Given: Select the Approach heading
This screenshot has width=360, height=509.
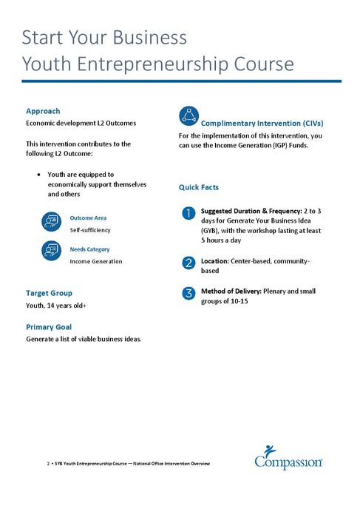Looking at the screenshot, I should (x=43, y=111).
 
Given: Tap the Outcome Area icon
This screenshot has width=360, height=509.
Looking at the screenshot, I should (x=51, y=221).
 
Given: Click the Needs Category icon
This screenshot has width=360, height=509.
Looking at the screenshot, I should (x=51, y=252).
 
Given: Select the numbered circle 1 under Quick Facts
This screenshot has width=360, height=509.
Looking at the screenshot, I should (x=189, y=214).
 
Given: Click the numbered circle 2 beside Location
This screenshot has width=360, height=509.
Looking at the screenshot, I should (x=189, y=263).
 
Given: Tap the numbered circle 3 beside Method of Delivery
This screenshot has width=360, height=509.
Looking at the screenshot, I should (x=189, y=293).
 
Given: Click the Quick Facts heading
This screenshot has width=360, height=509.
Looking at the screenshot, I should (x=199, y=188).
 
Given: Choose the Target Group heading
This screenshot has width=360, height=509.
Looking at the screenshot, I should (x=49, y=293).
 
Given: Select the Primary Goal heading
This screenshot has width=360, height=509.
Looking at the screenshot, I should (x=49, y=327).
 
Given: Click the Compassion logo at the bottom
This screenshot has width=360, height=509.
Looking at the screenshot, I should (x=288, y=458).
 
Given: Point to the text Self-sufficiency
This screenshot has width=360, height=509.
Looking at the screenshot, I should (x=90, y=230).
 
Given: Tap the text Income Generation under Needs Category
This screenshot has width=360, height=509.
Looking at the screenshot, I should (x=96, y=261).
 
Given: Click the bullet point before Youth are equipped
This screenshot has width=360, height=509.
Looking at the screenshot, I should (x=38, y=175).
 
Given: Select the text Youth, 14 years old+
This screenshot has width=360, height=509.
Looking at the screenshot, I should (x=56, y=305).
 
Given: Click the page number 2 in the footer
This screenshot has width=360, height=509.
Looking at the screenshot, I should (x=48, y=463).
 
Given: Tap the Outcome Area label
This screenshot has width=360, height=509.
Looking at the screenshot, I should (x=88, y=218).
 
